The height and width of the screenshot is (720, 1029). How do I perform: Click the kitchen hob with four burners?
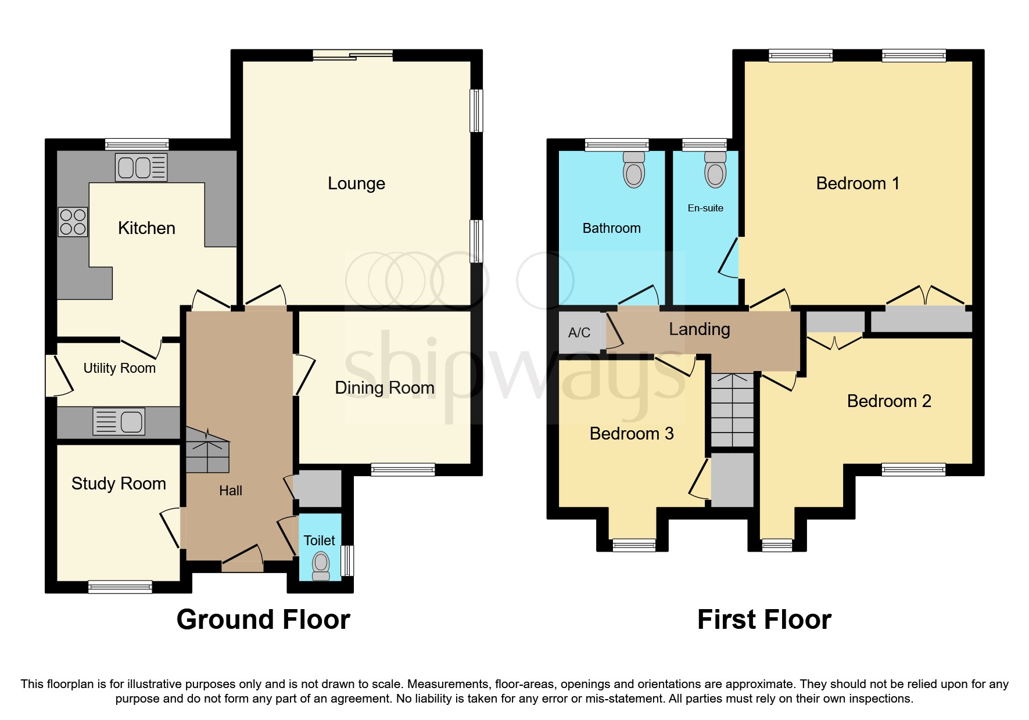(x=73, y=222)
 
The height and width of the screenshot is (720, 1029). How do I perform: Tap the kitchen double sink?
(x=141, y=167)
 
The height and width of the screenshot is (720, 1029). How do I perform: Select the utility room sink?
(x=119, y=422)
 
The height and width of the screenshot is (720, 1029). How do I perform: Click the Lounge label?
(x=356, y=183)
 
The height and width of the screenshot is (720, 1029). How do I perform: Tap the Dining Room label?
(x=385, y=388)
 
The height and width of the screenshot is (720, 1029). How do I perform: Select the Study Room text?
(x=119, y=484)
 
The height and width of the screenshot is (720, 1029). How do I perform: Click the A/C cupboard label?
(x=579, y=333)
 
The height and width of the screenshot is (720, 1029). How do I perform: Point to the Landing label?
(x=699, y=329)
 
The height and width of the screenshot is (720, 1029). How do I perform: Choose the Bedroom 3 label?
(x=632, y=434)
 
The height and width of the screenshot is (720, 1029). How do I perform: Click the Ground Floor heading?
(x=263, y=620)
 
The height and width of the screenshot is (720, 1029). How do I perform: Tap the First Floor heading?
(x=764, y=620)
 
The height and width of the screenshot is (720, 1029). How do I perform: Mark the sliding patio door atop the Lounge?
(x=353, y=55)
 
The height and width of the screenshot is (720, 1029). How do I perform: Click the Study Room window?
(x=120, y=587)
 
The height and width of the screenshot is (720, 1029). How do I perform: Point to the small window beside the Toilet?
(x=347, y=560)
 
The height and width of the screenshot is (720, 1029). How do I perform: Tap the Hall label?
(x=231, y=491)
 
